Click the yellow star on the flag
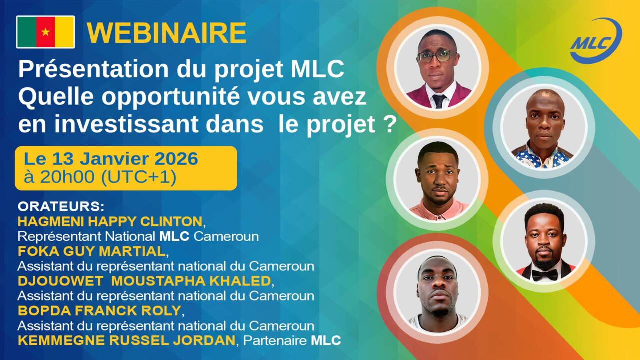click(45, 32)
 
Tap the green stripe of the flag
click(27, 32)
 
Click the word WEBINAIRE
click(167, 33)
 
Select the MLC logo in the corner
click(596, 40)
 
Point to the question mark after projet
click(389, 124)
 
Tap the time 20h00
click(67, 177)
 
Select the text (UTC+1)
click(139, 177)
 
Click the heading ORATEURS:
click(61, 207)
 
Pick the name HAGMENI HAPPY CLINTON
click(110, 221)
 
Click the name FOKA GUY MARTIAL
click(91, 251)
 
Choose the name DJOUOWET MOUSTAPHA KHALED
click(144, 281)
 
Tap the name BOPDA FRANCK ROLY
click(99, 311)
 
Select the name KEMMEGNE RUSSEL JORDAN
click(126, 340)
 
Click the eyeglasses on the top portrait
click(437, 56)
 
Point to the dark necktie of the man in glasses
click(438, 101)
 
